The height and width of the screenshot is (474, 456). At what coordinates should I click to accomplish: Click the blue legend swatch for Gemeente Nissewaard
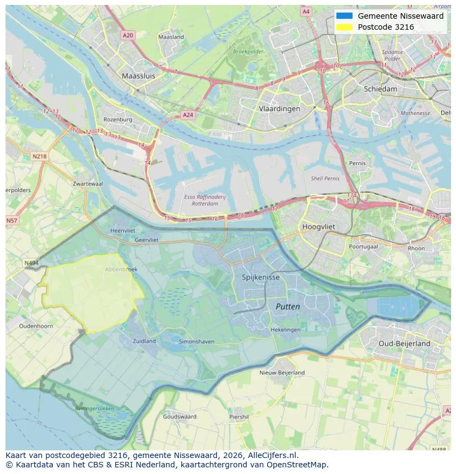[344, 16]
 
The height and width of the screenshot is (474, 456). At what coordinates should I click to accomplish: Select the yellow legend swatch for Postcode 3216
[344, 27]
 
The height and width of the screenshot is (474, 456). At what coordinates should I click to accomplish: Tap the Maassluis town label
[138, 76]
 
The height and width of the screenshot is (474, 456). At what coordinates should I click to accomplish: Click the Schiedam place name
[380, 89]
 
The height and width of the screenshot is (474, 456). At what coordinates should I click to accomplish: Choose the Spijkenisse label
[261, 277]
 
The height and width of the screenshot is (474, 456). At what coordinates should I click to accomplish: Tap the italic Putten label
[287, 307]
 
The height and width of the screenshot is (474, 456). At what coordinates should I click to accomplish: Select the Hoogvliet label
[319, 226]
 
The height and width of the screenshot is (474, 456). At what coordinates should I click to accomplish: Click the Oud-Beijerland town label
[404, 344]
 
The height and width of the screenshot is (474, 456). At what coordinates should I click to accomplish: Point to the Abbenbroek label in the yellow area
[121, 269]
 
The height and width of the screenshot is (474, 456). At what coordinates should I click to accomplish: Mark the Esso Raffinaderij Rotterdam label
[204, 200]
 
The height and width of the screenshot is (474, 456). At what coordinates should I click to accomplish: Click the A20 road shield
[128, 35]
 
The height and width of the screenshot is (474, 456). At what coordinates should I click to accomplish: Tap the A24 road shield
[188, 115]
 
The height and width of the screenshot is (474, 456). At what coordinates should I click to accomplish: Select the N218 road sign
[40, 156]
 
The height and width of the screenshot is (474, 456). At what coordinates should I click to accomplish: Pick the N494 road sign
[31, 263]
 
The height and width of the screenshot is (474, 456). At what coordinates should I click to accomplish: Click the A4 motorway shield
[306, 12]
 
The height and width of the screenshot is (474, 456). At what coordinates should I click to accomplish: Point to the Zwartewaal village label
[88, 184]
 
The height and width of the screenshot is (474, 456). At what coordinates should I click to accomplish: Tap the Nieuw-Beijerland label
[282, 373]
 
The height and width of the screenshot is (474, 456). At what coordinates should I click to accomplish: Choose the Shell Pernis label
[325, 178]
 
